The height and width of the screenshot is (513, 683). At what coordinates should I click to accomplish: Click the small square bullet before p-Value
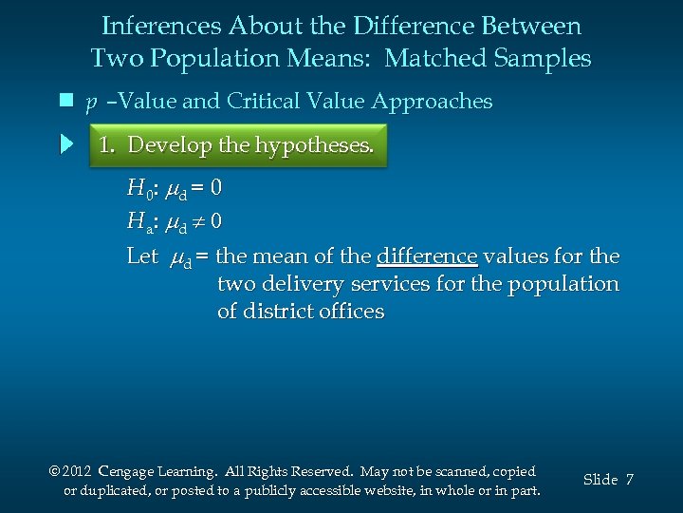66,101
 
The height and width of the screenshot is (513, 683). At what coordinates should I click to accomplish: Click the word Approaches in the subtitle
432,102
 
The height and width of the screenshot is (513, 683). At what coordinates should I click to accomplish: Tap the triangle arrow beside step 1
66,145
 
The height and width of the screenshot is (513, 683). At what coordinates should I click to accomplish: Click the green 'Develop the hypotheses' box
238,145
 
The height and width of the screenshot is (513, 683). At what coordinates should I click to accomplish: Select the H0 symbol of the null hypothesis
138,188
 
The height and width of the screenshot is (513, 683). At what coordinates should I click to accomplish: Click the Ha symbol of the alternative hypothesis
138,222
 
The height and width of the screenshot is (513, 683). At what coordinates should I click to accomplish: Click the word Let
142,256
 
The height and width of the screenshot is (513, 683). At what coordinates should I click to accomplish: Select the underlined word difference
426,256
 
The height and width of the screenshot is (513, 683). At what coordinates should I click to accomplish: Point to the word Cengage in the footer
130,471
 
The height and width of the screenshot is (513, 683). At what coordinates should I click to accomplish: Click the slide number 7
629,480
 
